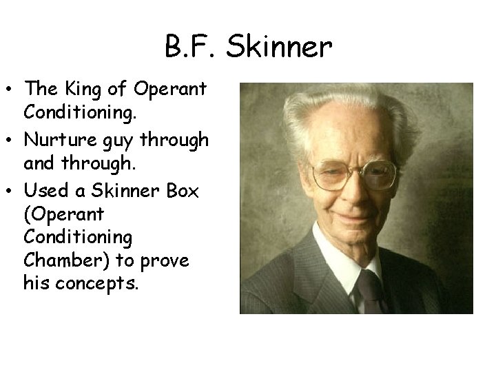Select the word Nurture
[x=55, y=141]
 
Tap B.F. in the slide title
[x=188, y=47]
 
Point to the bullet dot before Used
[x=10, y=192]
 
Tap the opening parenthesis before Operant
[x=26, y=215]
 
